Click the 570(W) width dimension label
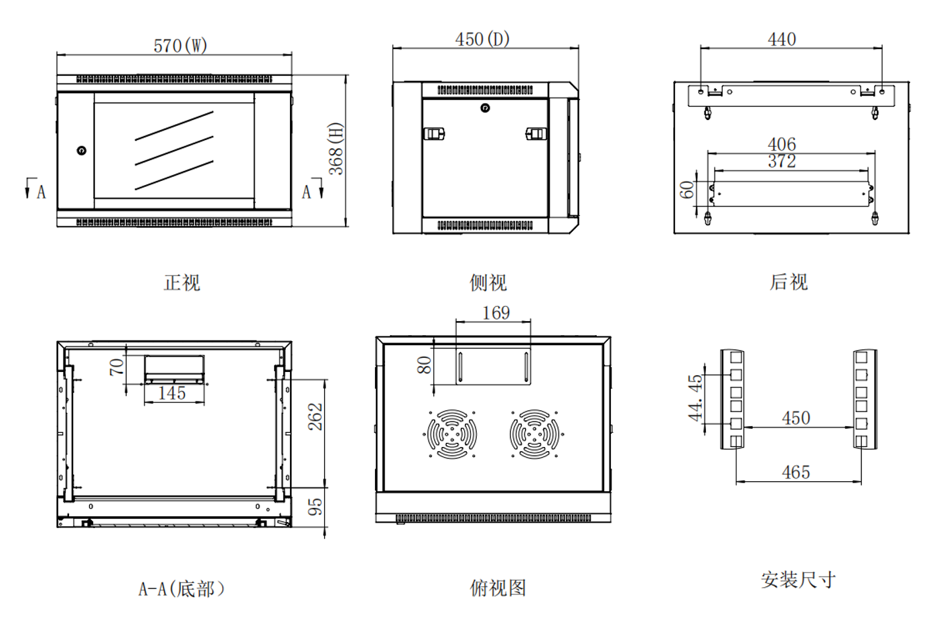click(x=181, y=46)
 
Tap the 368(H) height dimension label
click(x=336, y=149)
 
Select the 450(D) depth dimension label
click(x=482, y=39)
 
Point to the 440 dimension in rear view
click(x=782, y=39)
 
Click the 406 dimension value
click(x=782, y=144)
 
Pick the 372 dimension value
click(x=782, y=161)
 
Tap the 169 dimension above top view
click(x=496, y=313)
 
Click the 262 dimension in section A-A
click(x=315, y=417)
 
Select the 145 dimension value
click(x=172, y=393)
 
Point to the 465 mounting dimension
click(x=796, y=472)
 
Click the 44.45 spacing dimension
click(x=695, y=397)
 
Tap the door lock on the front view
click(x=82, y=151)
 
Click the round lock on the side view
click(x=485, y=108)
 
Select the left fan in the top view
click(x=452, y=434)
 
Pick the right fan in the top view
click(x=534, y=434)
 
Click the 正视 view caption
click(x=182, y=283)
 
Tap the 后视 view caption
click(x=788, y=281)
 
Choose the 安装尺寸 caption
click(x=798, y=580)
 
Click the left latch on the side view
click(x=434, y=133)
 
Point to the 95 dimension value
click(x=315, y=507)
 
